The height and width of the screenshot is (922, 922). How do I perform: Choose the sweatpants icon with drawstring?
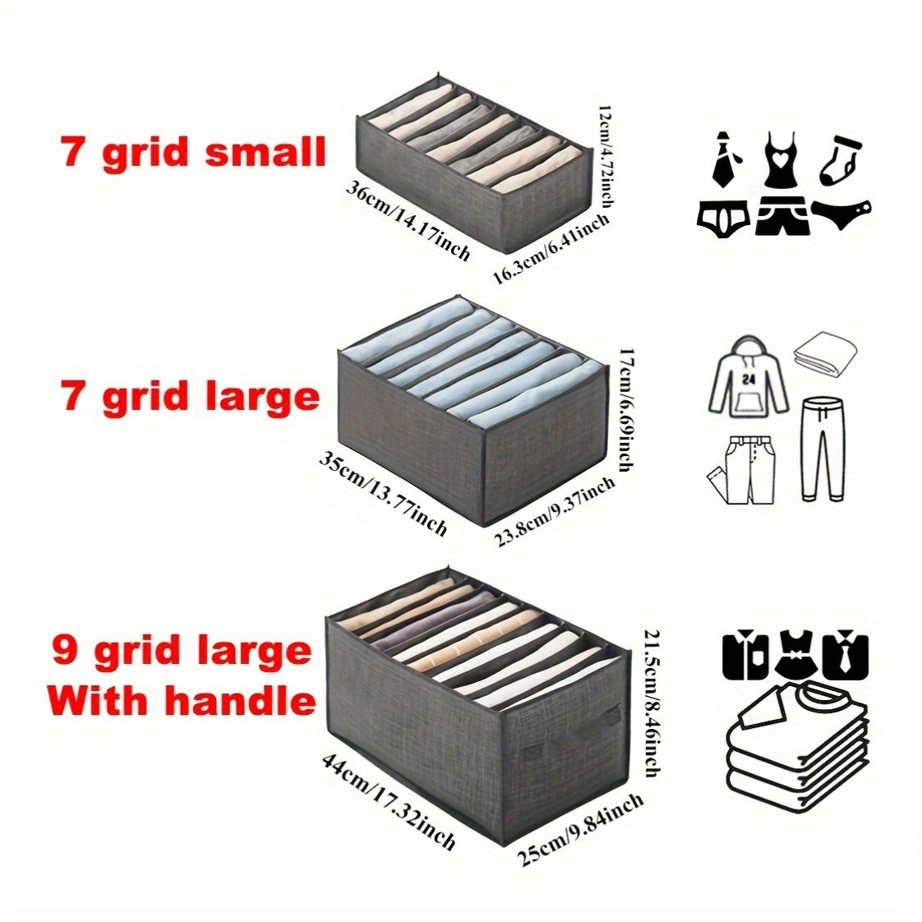pos(823,448)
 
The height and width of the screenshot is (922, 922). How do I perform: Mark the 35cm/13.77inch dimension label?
pos(383,492)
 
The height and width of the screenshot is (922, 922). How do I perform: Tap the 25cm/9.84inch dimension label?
pos(580,830)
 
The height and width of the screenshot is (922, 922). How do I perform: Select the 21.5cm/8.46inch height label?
pos(651,703)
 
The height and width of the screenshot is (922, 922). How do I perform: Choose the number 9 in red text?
pos(67,651)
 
